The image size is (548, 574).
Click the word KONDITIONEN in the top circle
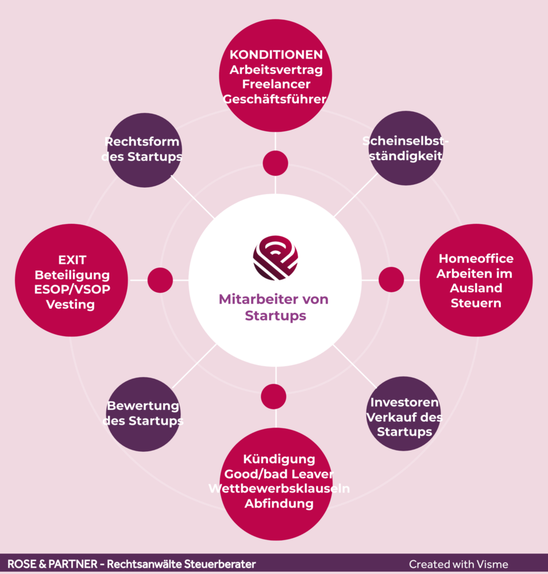point(276,55)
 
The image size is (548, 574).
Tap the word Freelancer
point(276,85)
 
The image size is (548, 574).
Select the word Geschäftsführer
point(275,99)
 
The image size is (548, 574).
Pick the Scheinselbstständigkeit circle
point(406,148)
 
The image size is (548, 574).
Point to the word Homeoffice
point(476,259)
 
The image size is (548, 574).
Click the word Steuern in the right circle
point(476,303)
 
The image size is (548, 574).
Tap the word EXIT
point(72,260)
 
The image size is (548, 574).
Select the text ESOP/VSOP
point(72,289)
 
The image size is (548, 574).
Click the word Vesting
point(72,304)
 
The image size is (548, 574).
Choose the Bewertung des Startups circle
point(143,414)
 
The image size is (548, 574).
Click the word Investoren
point(404,402)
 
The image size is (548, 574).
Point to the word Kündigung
point(279,459)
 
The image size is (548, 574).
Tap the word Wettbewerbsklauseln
point(279,489)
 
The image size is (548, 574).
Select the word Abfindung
point(279,504)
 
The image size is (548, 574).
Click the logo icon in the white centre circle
point(276,256)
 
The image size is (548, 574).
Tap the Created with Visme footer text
point(458,564)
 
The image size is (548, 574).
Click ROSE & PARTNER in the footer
point(51,564)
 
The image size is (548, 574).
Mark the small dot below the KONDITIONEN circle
point(276,163)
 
